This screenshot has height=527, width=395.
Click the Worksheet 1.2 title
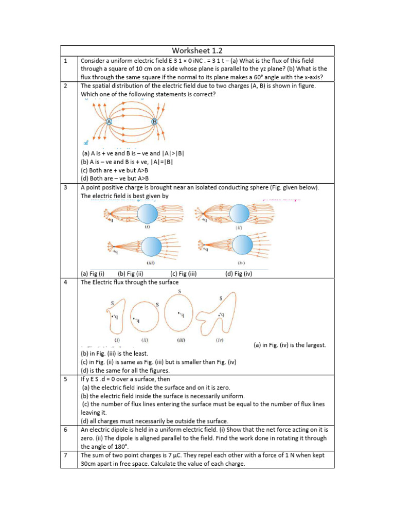click(197, 50)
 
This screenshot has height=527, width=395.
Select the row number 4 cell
click(65, 282)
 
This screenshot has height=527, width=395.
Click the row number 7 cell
click(65, 455)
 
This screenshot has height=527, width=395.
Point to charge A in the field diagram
click(110, 121)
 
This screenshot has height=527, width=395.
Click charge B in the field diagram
click(154, 121)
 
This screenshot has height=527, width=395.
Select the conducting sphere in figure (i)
click(148, 213)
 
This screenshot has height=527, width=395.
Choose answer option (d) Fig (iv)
click(239, 274)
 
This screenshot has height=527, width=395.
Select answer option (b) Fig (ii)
click(130, 274)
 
